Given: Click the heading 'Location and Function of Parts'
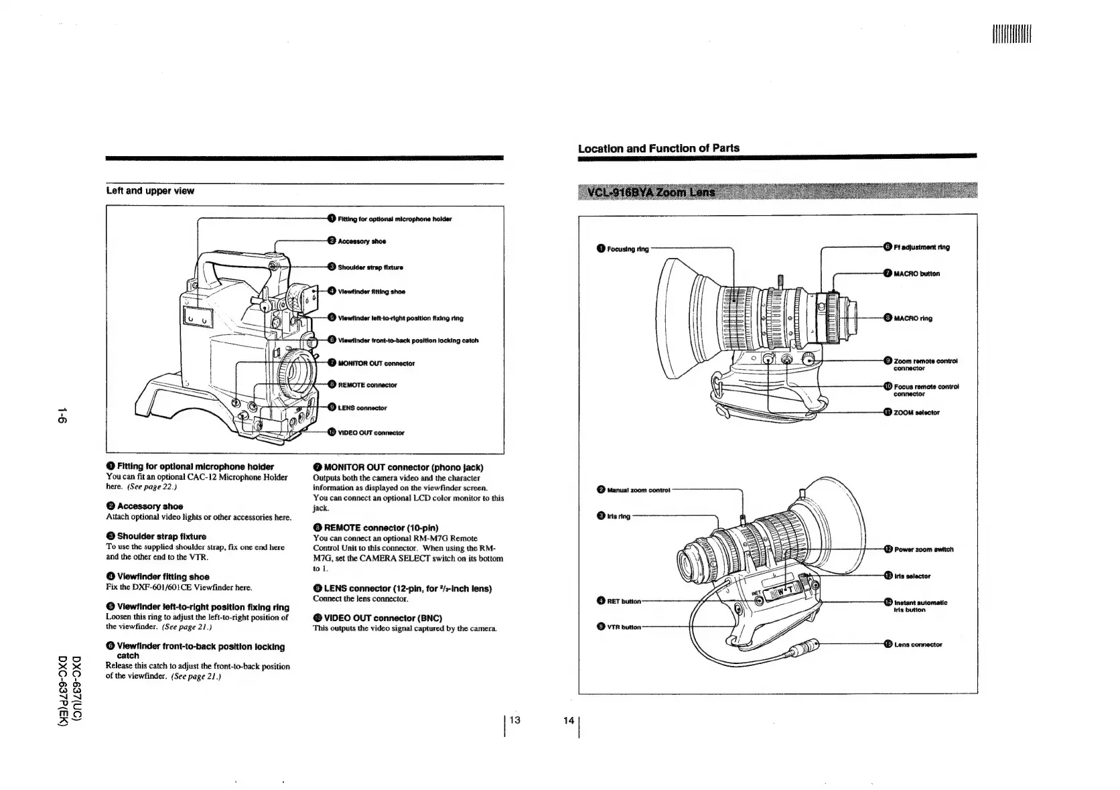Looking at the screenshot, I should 658,148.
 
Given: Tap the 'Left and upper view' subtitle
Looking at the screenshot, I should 150,191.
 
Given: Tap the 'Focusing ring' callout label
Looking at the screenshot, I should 627,249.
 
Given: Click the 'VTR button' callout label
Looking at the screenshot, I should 624,627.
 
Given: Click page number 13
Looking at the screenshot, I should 514,720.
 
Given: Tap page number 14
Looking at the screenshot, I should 569,720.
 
